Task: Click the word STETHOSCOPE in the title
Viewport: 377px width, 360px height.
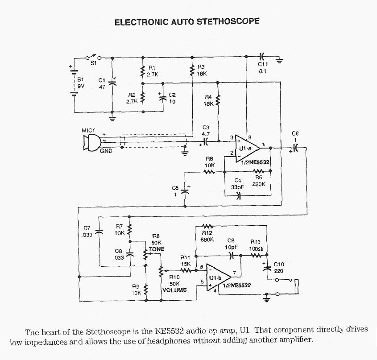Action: (228, 21)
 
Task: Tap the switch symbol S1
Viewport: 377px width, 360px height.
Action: (93, 57)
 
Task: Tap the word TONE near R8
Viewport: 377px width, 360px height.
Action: (157, 248)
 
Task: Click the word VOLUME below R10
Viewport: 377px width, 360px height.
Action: (174, 290)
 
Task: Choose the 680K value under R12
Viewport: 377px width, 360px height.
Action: (208, 240)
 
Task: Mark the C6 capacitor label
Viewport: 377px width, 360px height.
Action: (295, 133)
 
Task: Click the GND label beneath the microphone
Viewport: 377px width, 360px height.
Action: (106, 151)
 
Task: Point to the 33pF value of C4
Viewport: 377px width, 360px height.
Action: (238, 187)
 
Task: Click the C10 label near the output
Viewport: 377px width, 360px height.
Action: (279, 264)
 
